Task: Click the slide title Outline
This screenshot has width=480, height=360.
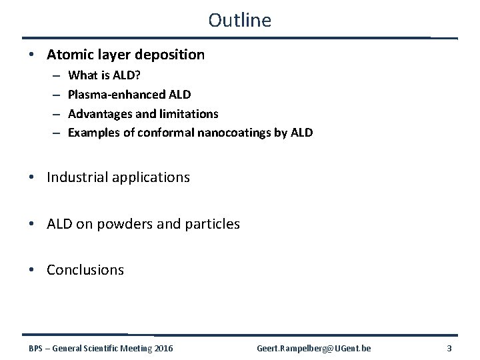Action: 239,20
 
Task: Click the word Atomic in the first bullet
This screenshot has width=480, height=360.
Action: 69,55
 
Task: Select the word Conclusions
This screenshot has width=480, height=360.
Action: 85,270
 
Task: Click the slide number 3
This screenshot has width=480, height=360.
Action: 449,348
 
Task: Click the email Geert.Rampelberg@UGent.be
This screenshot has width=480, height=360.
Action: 314,348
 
